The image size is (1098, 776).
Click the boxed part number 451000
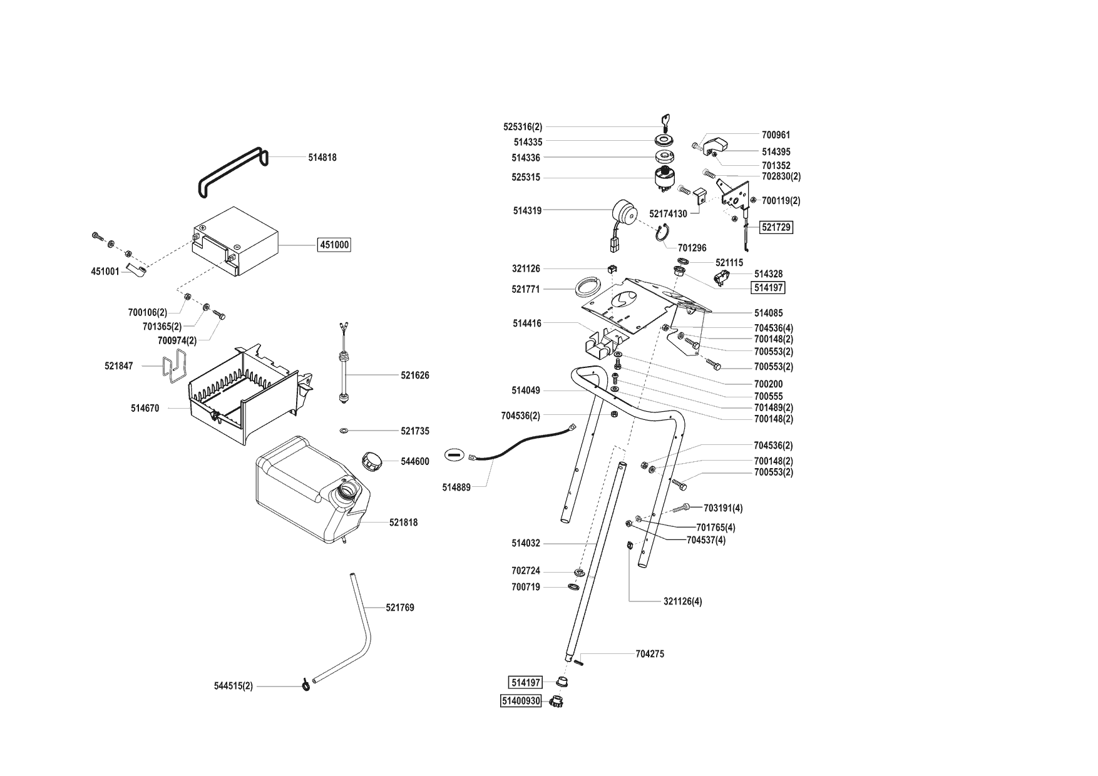coord(334,245)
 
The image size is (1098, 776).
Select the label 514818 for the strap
coord(322,158)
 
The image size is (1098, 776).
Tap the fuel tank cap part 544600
coord(372,462)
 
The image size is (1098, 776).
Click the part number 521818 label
coord(403,523)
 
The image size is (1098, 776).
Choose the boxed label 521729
coord(776,228)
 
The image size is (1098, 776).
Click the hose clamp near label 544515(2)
coord(305,686)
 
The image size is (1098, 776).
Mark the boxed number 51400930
coord(520,702)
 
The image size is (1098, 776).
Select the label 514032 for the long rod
coord(525,544)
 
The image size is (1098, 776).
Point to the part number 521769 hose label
coord(399,608)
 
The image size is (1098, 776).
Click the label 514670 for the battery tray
coord(145,409)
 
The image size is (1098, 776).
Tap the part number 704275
coord(650,654)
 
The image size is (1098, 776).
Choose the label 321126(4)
coord(682,601)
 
